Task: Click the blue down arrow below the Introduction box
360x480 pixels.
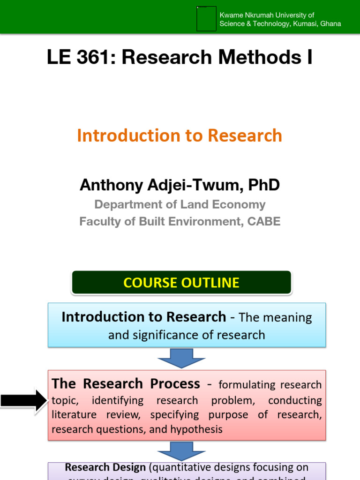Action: tap(181, 358)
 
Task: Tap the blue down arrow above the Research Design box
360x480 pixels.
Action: tap(181, 451)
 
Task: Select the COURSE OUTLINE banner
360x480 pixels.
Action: tap(181, 283)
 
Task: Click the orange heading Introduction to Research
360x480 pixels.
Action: tap(180, 135)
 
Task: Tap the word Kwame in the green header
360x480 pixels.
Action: tap(230, 15)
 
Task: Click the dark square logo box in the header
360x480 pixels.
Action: tap(206, 19)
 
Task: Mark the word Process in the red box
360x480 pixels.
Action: tap(175, 384)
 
